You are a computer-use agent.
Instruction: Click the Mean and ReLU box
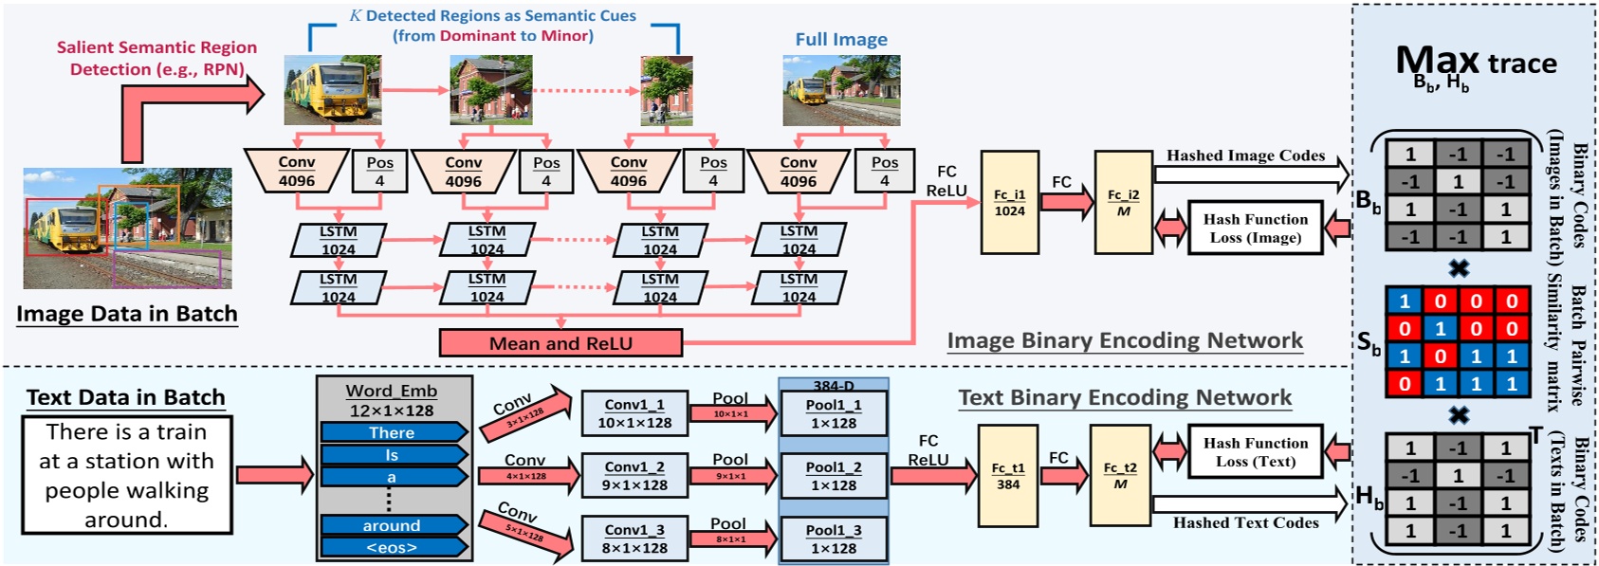click(x=561, y=343)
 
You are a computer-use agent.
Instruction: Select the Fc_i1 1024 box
click(x=1009, y=203)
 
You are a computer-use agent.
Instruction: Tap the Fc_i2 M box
click(x=1123, y=203)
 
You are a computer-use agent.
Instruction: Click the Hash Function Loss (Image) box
click(x=1255, y=228)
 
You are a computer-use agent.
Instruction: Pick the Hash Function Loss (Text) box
click(x=1255, y=452)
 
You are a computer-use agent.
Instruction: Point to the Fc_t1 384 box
click(x=1007, y=476)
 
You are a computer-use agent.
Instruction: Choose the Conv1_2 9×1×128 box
click(x=634, y=476)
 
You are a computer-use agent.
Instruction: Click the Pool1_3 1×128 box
click(x=834, y=539)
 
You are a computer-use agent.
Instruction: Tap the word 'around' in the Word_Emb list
click(x=392, y=525)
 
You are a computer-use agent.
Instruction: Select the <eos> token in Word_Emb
click(x=392, y=547)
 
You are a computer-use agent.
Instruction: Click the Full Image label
click(x=841, y=40)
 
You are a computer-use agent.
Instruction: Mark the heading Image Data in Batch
click(x=126, y=314)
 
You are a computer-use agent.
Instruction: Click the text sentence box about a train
click(x=126, y=475)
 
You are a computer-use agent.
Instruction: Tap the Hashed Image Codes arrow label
click(x=1245, y=155)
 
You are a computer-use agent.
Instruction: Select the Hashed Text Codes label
click(x=1245, y=522)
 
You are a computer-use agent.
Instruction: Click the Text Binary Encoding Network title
click(x=1125, y=398)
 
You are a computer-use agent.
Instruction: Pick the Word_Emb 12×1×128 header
click(x=391, y=400)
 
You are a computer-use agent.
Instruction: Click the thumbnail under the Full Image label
click(x=840, y=90)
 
